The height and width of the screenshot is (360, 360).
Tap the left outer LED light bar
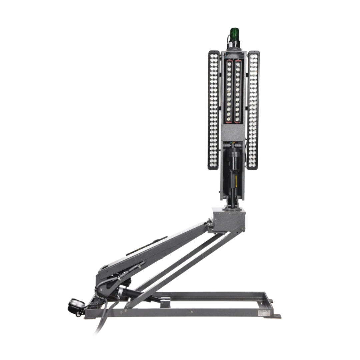tap(213, 110)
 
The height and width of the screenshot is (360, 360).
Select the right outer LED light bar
tap(254, 110)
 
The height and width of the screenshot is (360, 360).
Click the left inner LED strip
tap(229, 92)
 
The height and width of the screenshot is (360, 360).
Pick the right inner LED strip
tap(238, 92)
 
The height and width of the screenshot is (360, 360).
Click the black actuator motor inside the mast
tap(233, 160)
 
